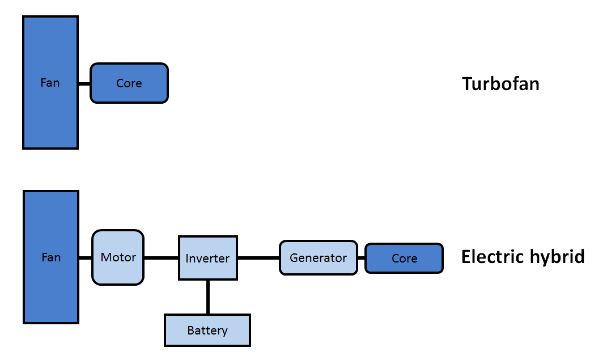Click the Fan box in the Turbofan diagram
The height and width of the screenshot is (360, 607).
[x=50, y=82]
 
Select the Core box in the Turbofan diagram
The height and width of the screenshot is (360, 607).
[x=129, y=83]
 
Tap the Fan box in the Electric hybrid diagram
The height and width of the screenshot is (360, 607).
[x=50, y=257]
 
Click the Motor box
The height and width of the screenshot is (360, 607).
[x=118, y=257]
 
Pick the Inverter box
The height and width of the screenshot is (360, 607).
[x=208, y=258]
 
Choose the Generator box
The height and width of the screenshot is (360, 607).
[x=318, y=258]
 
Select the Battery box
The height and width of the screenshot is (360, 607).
[x=207, y=330]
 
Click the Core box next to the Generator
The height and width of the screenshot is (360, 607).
[x=404, y=258]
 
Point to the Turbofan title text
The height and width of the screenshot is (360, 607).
[x=500, y=83]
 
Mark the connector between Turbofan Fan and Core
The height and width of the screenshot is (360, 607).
[x=84, y=83]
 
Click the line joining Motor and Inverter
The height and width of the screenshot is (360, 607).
[x=161, y=258]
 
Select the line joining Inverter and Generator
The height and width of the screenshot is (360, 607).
[x=258, y=258]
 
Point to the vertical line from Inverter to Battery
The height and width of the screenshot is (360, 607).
[x=208, y=297]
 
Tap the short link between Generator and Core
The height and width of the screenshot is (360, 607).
[x=362, y=258]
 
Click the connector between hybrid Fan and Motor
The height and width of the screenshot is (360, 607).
[x=86, y=258]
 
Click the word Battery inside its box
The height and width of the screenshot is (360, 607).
[x=207, y=331]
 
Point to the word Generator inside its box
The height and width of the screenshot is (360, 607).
[x=318, y=258]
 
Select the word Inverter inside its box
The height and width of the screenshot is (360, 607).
[x=207, y=258]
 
